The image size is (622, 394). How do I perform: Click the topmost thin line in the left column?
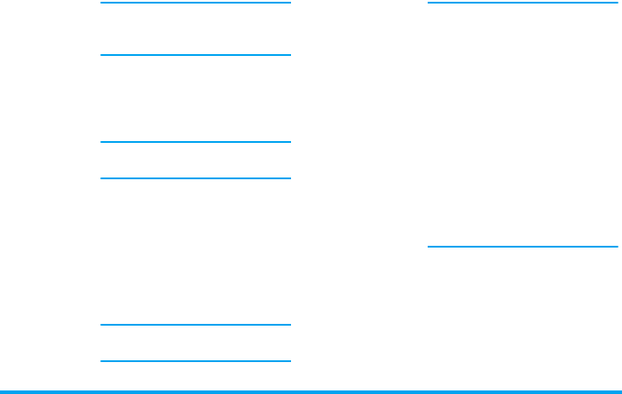click(195, 3)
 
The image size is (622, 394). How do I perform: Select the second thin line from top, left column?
click(195, 55)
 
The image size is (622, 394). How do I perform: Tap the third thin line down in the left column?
click(195, 142)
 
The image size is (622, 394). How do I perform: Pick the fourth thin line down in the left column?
click(195, 178)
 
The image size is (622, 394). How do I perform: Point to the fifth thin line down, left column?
click(195, 325)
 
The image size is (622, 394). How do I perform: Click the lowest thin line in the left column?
click(195, 361)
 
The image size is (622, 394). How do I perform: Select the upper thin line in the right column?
click(522, 3)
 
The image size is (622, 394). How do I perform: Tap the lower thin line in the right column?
click(522, 246)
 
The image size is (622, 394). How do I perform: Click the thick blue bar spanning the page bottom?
click(311, 390)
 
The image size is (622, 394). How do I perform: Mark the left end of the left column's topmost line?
click(102, 3)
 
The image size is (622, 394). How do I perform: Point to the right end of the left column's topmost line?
click(289, 3)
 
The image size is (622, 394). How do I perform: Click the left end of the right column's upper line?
click(429, 3)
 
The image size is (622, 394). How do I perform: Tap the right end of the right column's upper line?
click(616, 3)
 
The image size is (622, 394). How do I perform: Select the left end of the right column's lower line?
click(429, 246)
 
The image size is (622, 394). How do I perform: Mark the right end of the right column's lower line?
click(616, 246)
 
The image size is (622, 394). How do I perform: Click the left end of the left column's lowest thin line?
click(102, 361)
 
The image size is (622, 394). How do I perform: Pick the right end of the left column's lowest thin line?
click(289, 361)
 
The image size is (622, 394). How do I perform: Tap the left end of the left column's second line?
click(102, 55)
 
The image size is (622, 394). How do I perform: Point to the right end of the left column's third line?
click(289, 142)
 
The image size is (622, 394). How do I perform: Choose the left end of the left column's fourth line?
click(102, 178)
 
